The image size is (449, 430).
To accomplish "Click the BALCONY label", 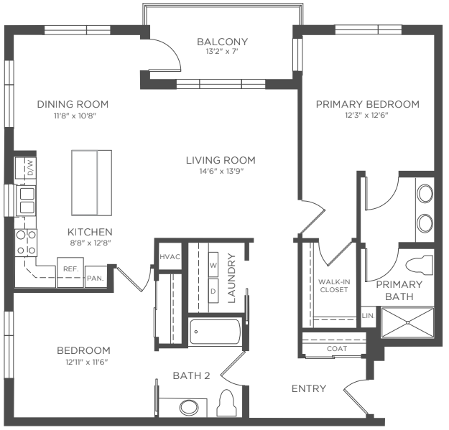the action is (222, 42).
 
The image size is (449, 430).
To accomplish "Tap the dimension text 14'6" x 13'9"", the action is (221, 171).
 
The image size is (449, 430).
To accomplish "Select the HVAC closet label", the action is (170, 256).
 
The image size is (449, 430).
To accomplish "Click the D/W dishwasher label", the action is (30, 168).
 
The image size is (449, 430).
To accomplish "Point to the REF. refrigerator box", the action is (70, 272).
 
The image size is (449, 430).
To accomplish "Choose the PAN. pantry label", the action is (96, 278).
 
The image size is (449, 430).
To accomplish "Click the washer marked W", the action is (213, 265).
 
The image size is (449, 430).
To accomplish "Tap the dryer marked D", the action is (213, 291).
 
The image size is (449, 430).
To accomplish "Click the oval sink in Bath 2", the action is (189, 408).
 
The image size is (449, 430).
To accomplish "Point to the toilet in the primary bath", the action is (420, 266).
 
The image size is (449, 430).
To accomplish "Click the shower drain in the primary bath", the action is (408, 322).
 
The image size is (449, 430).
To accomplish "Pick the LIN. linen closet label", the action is (369, 316).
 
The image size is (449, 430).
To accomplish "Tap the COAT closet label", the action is (337, 348).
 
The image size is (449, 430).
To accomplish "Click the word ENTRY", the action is (309, 388).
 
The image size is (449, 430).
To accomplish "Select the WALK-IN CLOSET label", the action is (334, 286).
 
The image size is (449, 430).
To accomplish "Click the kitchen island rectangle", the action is (92, 183).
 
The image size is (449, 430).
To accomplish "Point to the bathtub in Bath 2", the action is (216, 332).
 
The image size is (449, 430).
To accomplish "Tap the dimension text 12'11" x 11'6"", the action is (86, 363).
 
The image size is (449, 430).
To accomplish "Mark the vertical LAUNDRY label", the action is (231, 278).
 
